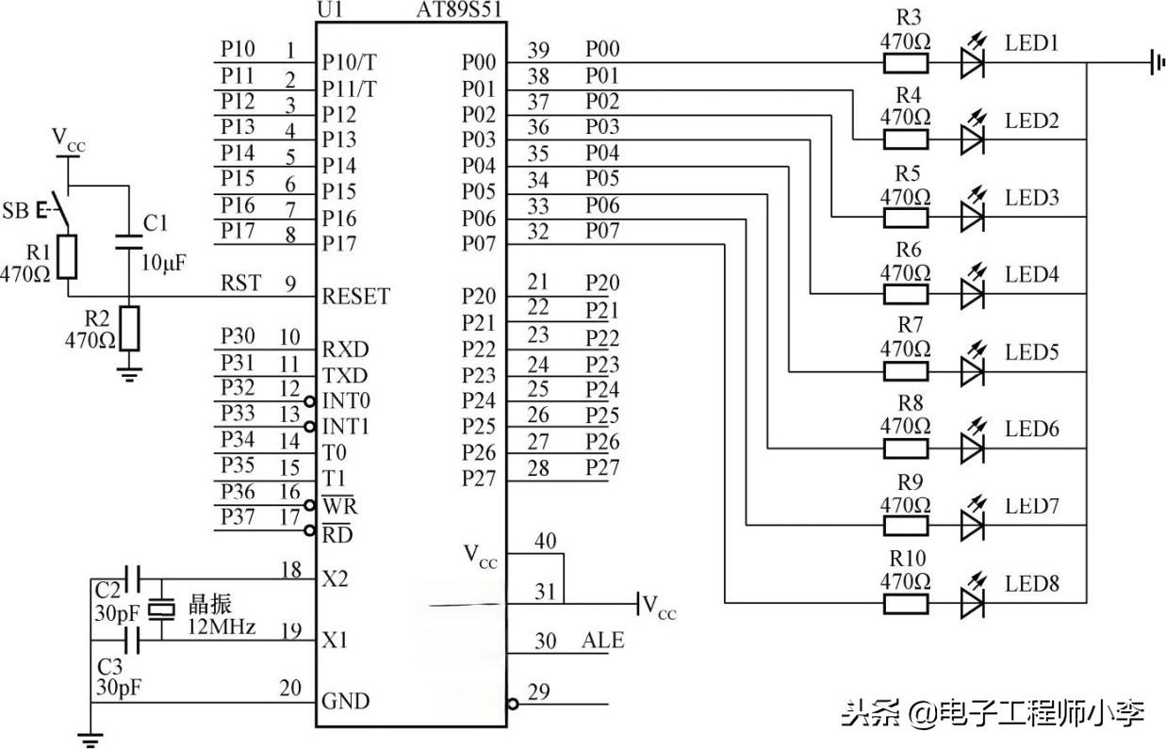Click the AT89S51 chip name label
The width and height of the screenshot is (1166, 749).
(459, 11)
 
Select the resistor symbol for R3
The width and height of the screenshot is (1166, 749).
(905, 63)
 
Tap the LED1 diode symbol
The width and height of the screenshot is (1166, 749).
(973, 63)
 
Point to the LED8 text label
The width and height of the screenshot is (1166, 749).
(1031, 584)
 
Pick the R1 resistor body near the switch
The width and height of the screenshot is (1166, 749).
(66, 256)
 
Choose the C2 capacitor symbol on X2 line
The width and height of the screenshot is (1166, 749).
(133, 577)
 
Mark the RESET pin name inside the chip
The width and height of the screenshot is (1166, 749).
(355, 296)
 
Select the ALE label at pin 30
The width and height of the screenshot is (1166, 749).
(603, 641)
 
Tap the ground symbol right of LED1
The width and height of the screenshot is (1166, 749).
(1154, 63)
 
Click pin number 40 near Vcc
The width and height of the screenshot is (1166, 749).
(545, 541)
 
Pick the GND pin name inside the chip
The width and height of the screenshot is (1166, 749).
(346, 701)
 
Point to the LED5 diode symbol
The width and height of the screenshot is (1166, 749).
(973, 371)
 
